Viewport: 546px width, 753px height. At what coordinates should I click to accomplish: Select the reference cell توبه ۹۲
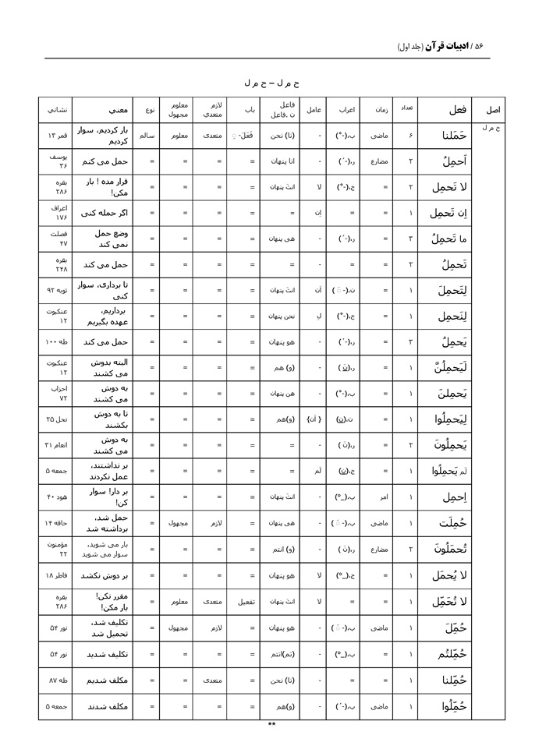pyautogui.click(x=57, y=290)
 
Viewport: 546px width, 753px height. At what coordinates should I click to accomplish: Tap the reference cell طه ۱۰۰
pyautogui.click(x=57, y=341)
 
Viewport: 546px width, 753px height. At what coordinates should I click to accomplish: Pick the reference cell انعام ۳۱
pyautogui.click(x=57, y=445)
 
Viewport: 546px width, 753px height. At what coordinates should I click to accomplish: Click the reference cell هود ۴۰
pyautogui.click(x=57, y=497)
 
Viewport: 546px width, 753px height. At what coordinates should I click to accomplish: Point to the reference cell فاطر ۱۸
pyautogui.click(x=57, y=574)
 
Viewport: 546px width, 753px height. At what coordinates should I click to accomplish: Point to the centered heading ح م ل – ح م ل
pyautogui.click(x=272, y=82)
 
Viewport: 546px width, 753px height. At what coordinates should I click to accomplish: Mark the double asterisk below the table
pyautogui.click(x=272, y=725)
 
